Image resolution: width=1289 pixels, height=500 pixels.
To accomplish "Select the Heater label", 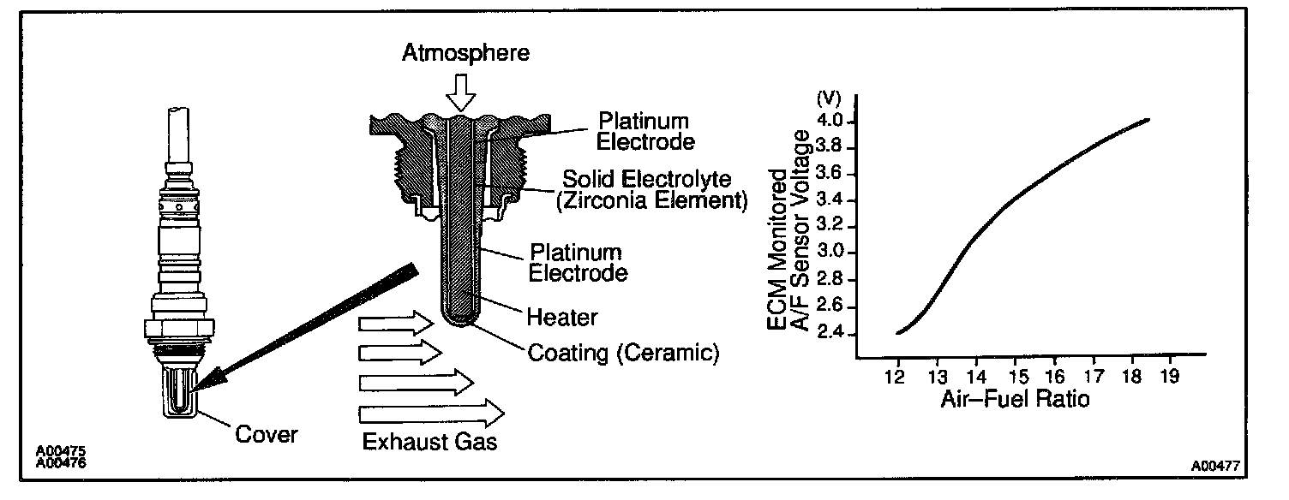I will (x=561, y=317).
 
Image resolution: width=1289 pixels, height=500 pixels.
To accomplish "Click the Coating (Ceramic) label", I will (x=622, y=353).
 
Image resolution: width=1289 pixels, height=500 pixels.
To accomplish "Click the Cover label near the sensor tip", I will (x=266, y=435).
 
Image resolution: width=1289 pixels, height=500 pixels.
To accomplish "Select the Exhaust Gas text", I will (x=429, y=443).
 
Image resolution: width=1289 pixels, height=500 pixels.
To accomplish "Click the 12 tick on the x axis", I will (x=897, y=376).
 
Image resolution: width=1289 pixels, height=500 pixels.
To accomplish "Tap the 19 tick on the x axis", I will (x=1170, y=376).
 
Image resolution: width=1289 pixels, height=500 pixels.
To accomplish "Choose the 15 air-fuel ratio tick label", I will (x=1014, y=376).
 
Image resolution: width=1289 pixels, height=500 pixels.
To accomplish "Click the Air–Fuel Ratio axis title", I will (x=1016, y=399).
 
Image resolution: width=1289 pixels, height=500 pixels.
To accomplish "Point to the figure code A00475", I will (x=60, y=451).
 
